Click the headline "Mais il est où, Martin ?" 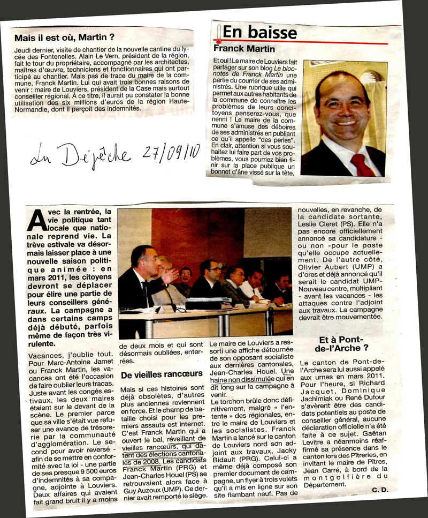(x=64, y=37)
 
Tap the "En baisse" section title (x=259, y=32)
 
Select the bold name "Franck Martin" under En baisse (x=244, y=49)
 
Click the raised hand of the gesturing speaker (x=170, y=275)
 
